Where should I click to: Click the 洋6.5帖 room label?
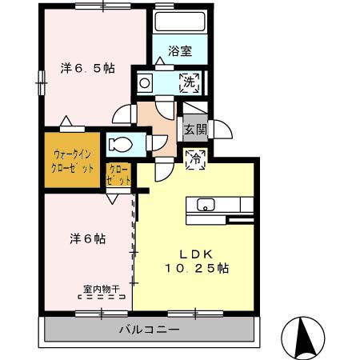click(x=87, y=69)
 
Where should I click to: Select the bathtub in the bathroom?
click(x=179, y=22)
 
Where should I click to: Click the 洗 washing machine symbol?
click(x=191, y=81)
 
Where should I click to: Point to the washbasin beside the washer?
click(x=146, y=81)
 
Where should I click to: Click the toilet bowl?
click(x=122, y=145)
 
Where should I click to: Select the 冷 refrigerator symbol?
click(x=194, y=158)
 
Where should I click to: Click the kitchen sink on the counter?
click(x=206, y=204)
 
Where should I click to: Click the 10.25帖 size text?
click(x=197, y=269)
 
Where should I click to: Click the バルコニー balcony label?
click(x=150, y=329)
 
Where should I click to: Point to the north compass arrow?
click(x=304, y=337)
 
